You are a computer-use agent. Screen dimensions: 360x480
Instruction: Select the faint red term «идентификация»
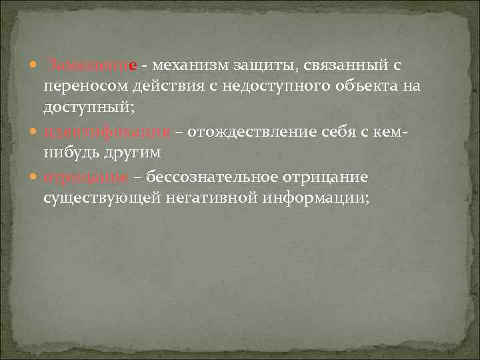[x=107, y=131]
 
